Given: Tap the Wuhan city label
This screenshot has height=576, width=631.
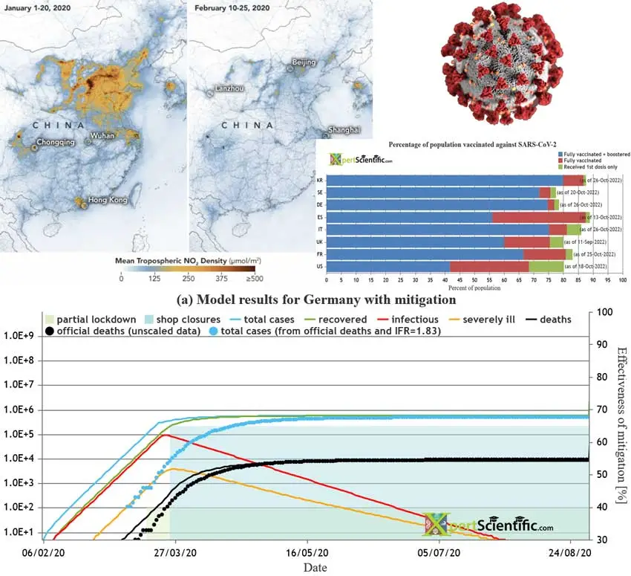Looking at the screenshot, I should coord(102,136).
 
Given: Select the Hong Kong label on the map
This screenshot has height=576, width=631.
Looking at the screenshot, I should coord(107,200).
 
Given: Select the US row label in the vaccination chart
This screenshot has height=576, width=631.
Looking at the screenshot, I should coord(319,266).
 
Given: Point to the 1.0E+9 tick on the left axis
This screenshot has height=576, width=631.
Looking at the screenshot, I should coord(22,336).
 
